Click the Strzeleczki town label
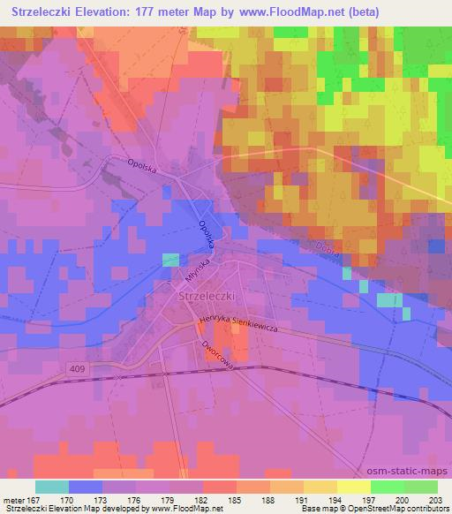207,298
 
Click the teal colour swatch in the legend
52,487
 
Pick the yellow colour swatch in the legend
354,487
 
